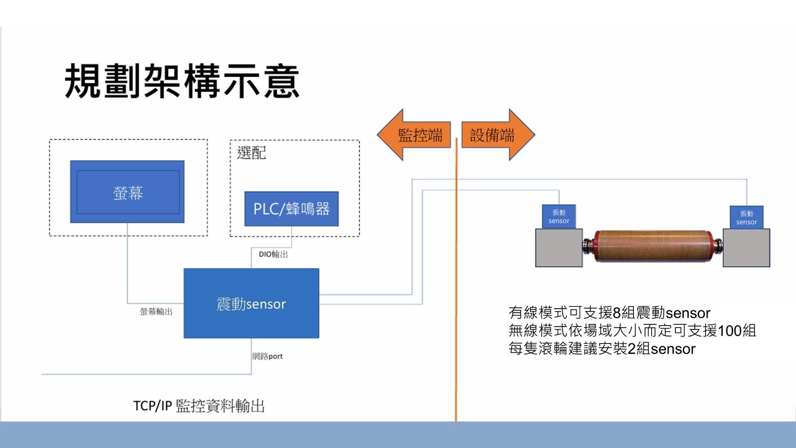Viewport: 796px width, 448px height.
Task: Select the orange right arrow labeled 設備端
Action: [495, 135]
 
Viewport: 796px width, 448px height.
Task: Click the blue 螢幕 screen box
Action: [127, 192]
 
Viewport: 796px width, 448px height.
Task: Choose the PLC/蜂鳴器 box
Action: [291, 209]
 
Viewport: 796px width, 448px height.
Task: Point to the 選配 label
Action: [251, 153]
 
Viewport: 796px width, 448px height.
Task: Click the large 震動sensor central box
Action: [251, 304]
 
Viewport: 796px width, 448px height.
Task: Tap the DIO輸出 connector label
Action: [273, 254]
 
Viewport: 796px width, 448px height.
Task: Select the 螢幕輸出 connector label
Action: [156, 312]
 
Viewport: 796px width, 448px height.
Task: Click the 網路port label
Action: [267, 356]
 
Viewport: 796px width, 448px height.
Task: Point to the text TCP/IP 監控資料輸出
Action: [199, 406]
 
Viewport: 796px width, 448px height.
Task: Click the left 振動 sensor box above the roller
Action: [558, 216]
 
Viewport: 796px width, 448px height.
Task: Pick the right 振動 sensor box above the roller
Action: [746, 217]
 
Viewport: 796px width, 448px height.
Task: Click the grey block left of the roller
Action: [558, 248]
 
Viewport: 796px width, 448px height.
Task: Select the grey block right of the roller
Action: [746, 248]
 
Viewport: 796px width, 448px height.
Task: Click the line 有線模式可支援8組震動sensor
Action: [609, 313]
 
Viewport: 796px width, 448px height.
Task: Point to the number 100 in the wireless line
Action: [730, 331]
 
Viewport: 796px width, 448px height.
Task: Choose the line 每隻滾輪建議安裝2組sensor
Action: [602, 349]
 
